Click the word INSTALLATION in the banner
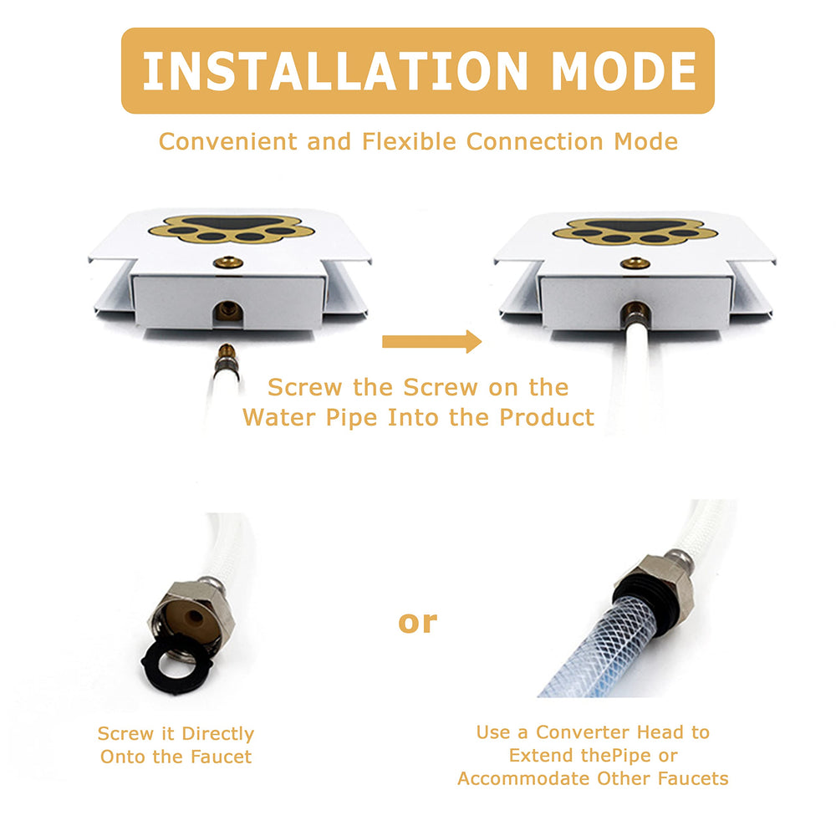click(335, 71)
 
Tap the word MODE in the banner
click(624, 71)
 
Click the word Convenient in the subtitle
click(228, 142)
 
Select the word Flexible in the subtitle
click(409, 142)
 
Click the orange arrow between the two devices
click(432, 341)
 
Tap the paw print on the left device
click(232, 229)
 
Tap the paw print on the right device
click(635, 231)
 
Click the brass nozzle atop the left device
click(228, 262)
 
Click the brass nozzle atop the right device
click(635, 263)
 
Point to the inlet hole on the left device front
click(228, 311)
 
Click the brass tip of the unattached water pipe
click(227, 351)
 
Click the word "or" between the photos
click(417, 623)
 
